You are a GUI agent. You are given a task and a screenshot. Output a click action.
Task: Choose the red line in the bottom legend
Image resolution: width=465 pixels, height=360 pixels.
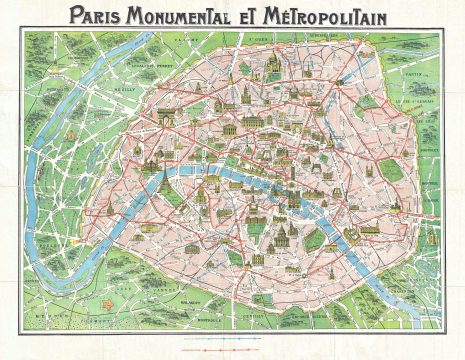coord(232,350)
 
